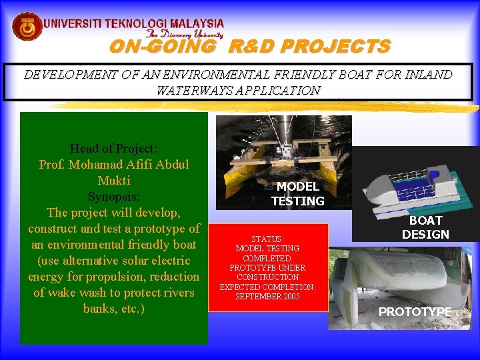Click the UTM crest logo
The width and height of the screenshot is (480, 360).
tap(27, 27)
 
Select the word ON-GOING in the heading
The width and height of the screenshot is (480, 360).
tap(163, 47)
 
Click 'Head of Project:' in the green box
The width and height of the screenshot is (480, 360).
tap(113, 148)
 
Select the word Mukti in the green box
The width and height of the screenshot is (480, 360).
tap(113, 181)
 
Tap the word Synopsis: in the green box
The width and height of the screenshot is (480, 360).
tap(113, 197)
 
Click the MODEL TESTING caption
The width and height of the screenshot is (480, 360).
tap(298, 193)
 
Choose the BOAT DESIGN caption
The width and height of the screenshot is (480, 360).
tap(425, 227)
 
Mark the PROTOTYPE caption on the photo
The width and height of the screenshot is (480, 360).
tap(415, 311)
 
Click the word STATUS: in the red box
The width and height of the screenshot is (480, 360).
tap(267, 239)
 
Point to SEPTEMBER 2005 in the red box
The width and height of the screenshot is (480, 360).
tap(267, 296)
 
